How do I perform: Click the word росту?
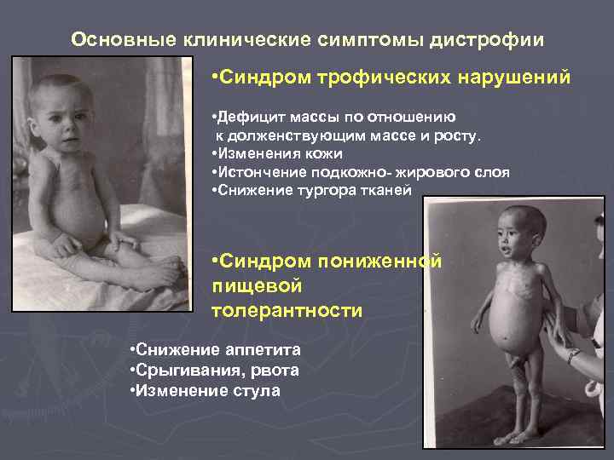[458, 135]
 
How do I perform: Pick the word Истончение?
[258, 172]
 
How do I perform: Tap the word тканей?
[385, 191]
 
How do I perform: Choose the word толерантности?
[287, 310]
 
